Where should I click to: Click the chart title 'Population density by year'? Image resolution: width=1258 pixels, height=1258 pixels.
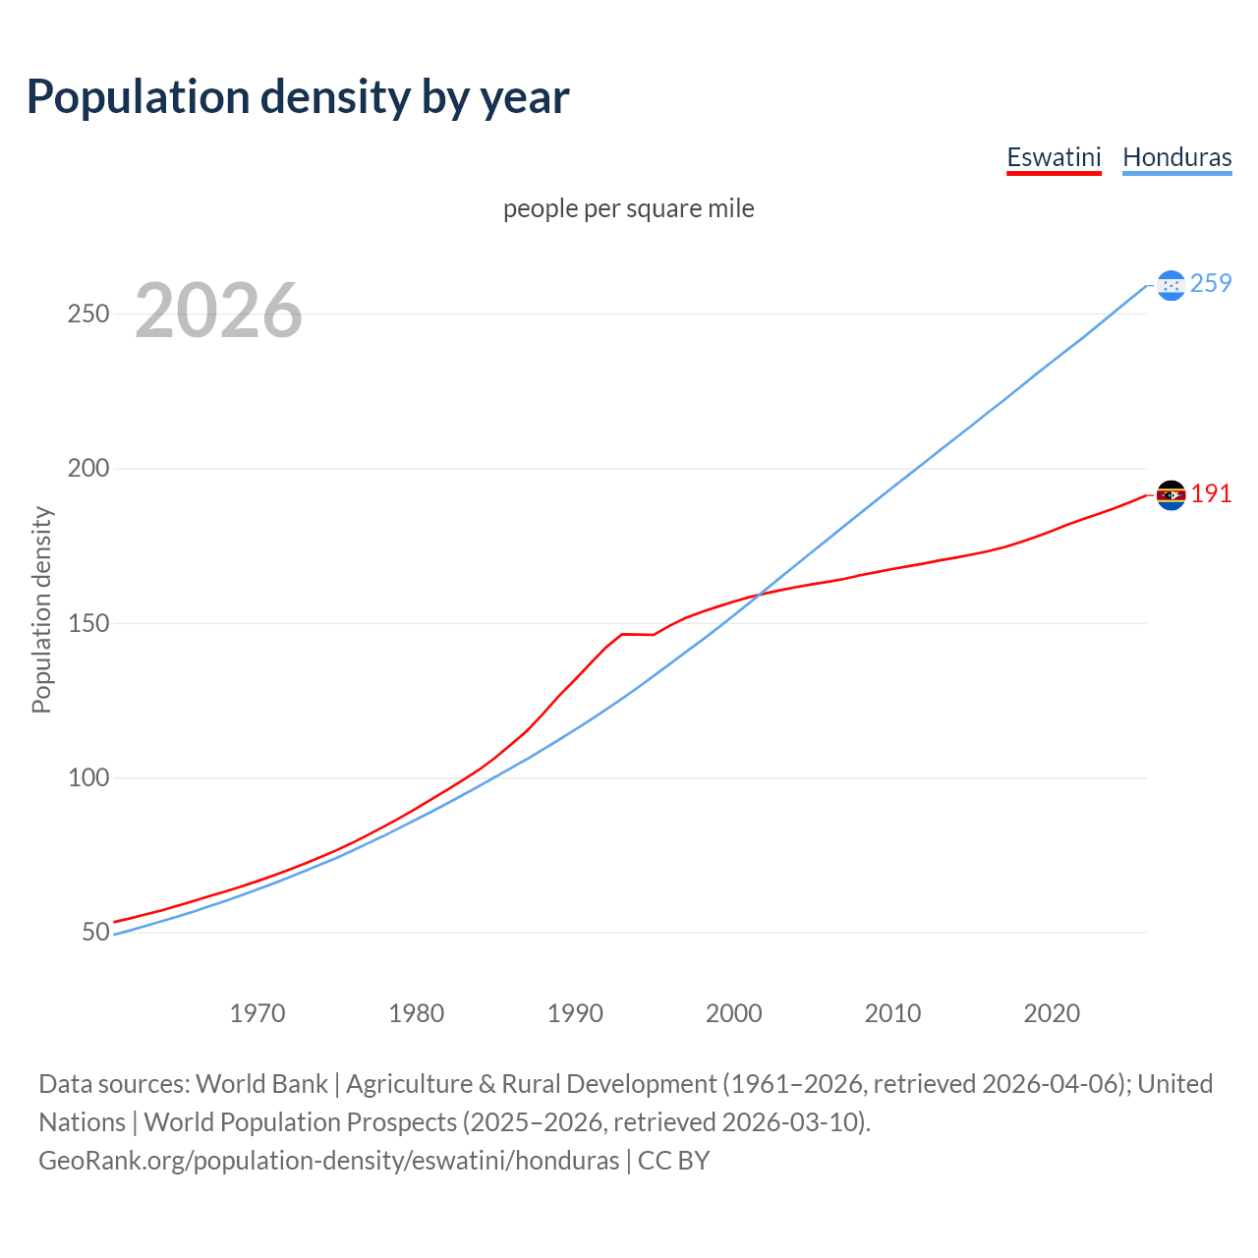[298, 97]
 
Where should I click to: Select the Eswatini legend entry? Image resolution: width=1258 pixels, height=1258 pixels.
[1054, 157]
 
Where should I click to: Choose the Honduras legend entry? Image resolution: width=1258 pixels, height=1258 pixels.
[1176, 157]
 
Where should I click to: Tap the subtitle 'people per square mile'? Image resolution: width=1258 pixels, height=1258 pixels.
[629, 209]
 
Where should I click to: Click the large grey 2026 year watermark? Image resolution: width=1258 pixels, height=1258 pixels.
[218, 311]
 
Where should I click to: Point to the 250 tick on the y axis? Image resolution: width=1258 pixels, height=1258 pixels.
[87, 314]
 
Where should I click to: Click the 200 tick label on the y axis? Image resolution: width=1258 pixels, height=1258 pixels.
[87, 469]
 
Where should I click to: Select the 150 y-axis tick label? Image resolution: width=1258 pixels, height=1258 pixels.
[87, 623]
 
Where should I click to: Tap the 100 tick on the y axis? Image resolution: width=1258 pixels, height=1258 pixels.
[87, 777]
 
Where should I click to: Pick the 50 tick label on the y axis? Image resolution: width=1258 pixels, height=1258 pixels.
[95, 932]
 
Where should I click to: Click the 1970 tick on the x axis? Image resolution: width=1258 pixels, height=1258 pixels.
[257, 1013]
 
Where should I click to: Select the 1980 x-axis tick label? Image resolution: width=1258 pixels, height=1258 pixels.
[417, 1013]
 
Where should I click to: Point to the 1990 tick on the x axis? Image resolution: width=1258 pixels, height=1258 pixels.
[575, 1013]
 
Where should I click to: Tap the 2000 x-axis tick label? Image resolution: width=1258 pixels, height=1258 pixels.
[734, 1013]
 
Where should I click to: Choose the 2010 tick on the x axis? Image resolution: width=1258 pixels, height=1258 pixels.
[892, 1013]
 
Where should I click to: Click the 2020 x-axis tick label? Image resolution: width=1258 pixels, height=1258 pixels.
[1052, 1013]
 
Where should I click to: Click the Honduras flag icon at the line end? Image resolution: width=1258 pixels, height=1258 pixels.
[1171, 285]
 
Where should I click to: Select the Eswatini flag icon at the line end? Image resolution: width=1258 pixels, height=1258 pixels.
[1171, 495]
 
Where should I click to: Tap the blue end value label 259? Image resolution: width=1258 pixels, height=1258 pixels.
[1211, 284]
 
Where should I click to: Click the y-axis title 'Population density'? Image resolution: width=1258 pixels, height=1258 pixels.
[41, 609]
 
